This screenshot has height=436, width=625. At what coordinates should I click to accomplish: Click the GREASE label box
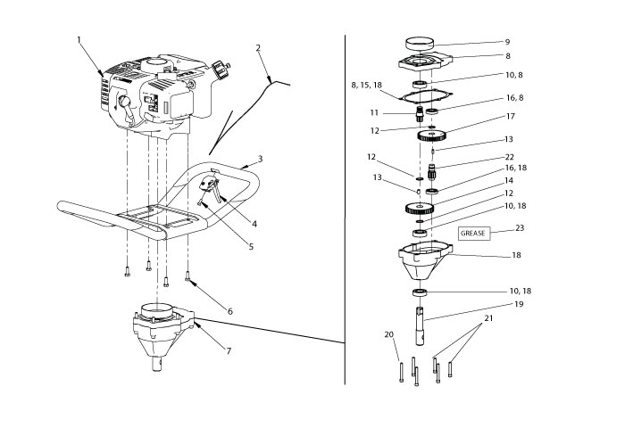[474, 234]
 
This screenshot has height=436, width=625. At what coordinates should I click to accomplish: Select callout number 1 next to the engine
[79, 39]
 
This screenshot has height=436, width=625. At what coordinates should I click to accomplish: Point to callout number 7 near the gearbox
[229, 350]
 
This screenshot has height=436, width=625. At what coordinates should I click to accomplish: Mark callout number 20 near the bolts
[388, 334]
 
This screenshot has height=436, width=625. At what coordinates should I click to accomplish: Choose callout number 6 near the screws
[229, 311]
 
